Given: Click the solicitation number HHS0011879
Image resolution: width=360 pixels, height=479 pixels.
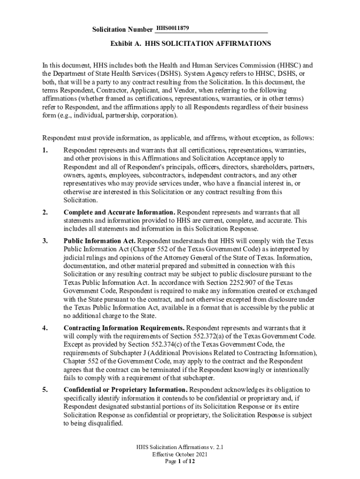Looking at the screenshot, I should (x=173, y=29).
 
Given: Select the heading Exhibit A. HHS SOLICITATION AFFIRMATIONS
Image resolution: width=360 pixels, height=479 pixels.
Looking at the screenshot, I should (x=190, y=44).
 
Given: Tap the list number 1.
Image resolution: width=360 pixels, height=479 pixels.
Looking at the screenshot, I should (x=45, y=151).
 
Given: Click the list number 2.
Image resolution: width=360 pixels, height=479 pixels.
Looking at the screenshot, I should (x=45, y=212).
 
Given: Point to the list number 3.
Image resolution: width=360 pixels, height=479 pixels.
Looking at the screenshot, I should (x=45, y=241).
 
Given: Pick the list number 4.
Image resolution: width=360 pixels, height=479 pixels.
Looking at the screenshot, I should (x=45, y=328).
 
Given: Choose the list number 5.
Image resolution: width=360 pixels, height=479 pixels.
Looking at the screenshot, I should (x=45, y=390).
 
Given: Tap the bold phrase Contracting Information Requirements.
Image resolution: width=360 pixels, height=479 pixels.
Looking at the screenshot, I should (x=124, y=328).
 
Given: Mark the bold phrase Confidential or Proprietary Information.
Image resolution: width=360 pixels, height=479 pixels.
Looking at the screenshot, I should (x=125, y=390).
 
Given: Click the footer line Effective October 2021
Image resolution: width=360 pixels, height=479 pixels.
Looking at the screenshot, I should (x=180, y=454).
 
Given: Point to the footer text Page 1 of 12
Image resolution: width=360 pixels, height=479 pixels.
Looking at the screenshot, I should (x=180, y=461).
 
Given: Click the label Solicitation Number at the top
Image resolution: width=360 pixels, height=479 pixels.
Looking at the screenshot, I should (x=122, y=30).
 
